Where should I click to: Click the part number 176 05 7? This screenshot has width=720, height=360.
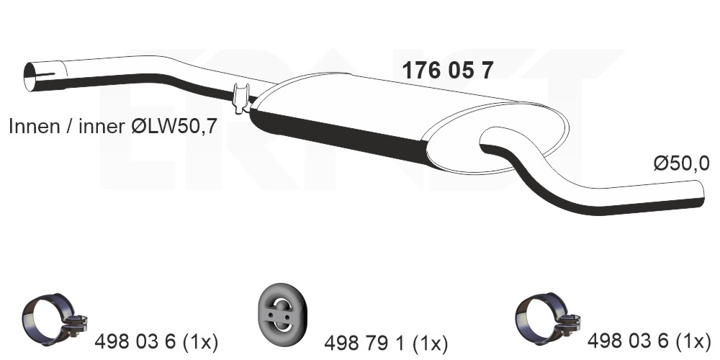[x=448, y=71]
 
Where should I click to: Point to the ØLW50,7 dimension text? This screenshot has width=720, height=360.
[x=174, y=127]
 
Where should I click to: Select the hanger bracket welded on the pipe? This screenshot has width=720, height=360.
[x=241, y=98]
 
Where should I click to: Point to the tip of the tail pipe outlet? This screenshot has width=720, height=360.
[x=703, y=193]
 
